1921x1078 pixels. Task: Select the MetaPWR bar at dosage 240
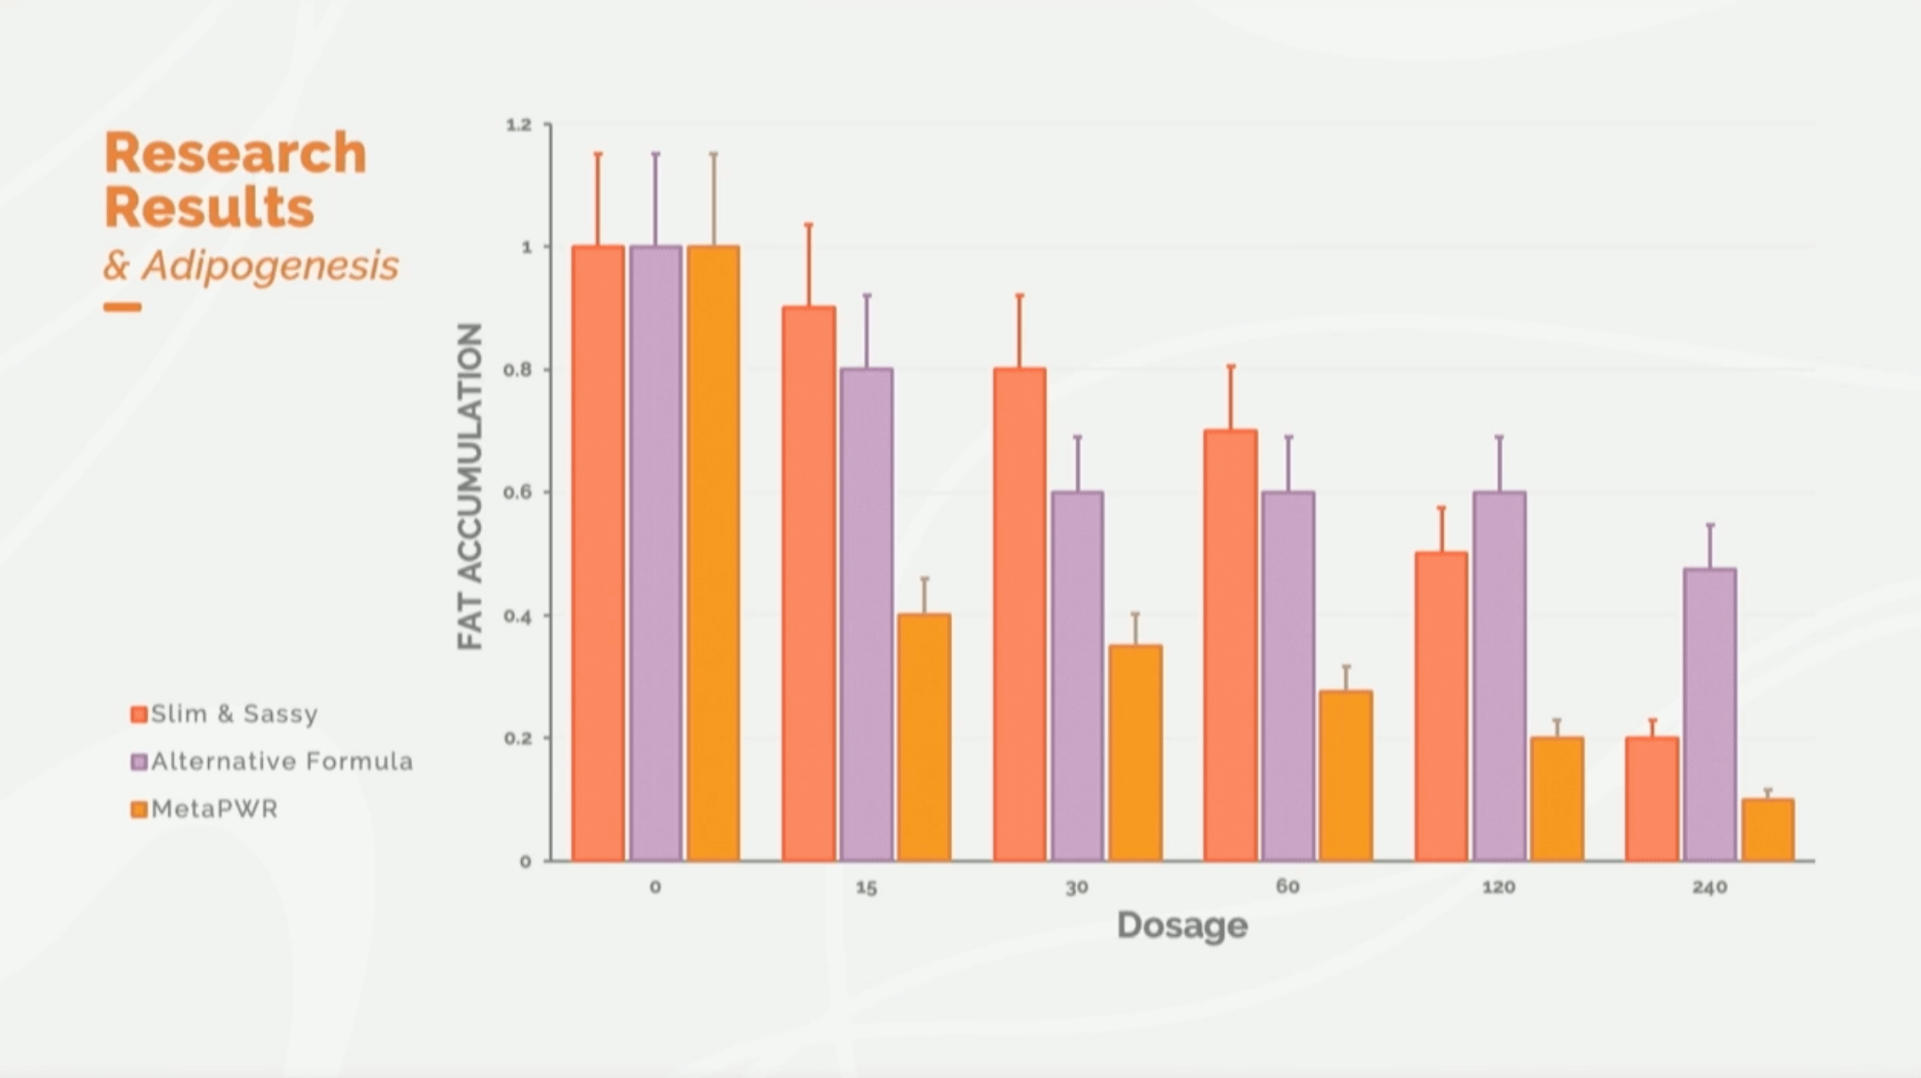[1767, 830]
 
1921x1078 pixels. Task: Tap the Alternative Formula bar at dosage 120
[1499, 676]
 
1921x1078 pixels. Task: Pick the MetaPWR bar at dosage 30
[1135, 752]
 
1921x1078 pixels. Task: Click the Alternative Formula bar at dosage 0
[655, 553]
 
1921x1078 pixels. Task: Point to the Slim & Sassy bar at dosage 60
[1230, 645]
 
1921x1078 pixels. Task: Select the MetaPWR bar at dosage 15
[924, 737]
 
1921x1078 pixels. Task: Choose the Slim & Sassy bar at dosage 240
[1652, 799]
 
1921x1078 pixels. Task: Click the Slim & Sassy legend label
[234, 714]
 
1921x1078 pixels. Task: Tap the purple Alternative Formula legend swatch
[139, 762]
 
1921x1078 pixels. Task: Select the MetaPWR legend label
[214, 809]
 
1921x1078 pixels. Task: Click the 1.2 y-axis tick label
[518, 125]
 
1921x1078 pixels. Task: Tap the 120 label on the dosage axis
[1498, 888]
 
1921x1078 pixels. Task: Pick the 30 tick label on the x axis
[1076, 888]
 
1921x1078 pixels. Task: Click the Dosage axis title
[1181, 925]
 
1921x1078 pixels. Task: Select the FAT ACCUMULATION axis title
[470, 486]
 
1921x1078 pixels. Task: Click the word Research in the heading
[235, 153]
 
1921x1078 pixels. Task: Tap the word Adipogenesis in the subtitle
[270, 265]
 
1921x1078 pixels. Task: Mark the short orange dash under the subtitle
[122, 307]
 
